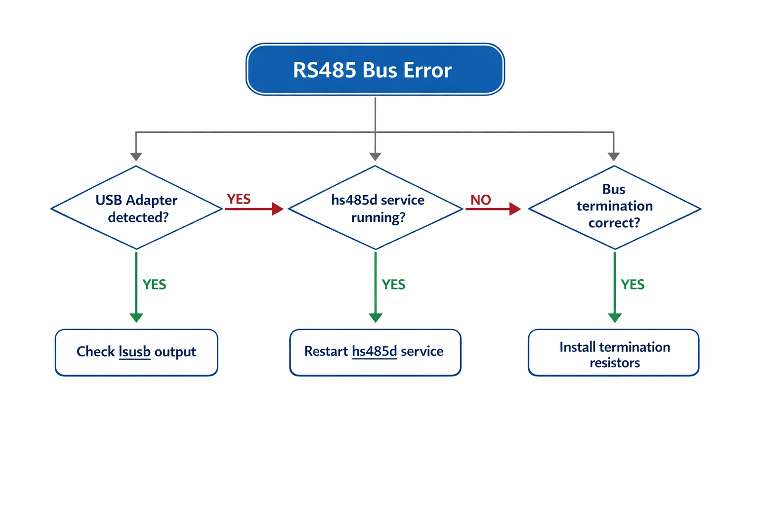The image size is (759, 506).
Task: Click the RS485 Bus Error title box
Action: [x=375, y=69]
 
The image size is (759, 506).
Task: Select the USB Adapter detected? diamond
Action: [x=136, y=208]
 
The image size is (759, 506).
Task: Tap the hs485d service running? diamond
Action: [x=376, y=208]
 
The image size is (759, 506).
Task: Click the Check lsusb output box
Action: [x=136, y=352]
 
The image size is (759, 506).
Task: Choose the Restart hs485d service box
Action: [x=375, y=352]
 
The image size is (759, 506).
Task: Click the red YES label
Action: [x=239, y=199]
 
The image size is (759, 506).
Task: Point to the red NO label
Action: [x=480, y=200]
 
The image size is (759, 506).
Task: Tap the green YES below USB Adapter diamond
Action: [x=154, y=285]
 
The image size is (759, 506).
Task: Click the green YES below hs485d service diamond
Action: [x=393, y=285]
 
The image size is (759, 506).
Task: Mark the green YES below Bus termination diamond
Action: [x=632, y=285]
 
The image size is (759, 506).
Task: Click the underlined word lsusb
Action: [x=135, y=352]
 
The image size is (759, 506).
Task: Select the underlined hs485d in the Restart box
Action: [x=374, y=351]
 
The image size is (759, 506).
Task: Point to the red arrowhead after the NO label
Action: [x=515, y=209]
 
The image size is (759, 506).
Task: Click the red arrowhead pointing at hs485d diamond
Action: [x=277, y=209]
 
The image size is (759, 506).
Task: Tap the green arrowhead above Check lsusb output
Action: [x=136, y=317]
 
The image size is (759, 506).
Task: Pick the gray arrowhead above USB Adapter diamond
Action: [x=136, y=156]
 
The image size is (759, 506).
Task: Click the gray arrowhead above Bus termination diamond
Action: [x=614, y=156]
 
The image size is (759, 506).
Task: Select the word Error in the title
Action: [x=427, y=70]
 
